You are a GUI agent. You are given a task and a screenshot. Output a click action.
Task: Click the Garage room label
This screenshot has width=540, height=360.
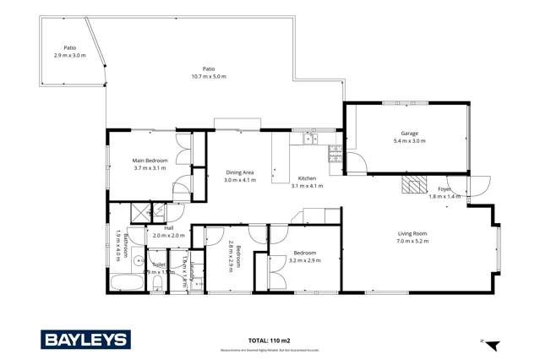click(410, 134)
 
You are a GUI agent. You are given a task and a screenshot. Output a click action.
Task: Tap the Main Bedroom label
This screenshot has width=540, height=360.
click(150, 161)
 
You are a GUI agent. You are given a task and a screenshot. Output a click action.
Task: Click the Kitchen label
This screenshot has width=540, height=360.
click(307, 178)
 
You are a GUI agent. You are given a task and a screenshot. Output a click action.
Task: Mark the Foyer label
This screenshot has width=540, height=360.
click(445, 188)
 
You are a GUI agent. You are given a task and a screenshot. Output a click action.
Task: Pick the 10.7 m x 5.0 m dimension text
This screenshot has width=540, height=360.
click(208, 77)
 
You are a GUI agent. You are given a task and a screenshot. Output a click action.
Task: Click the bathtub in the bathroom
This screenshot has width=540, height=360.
click(126, 281)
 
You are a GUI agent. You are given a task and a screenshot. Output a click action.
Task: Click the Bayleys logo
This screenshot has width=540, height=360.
click(86, 339)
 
